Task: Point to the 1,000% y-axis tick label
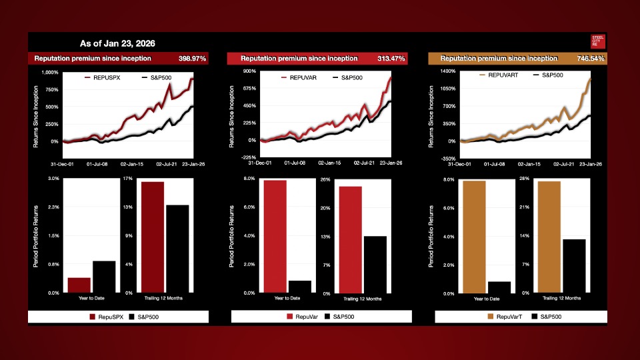point(50,72)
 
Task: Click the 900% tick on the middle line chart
point(249,71)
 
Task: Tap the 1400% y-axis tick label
point(446,71)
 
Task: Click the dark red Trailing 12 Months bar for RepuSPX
point(153,237)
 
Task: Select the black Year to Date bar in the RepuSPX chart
point(104,277)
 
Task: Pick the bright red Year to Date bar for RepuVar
point(275,236)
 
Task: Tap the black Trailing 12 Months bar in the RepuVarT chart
point(574,265)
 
